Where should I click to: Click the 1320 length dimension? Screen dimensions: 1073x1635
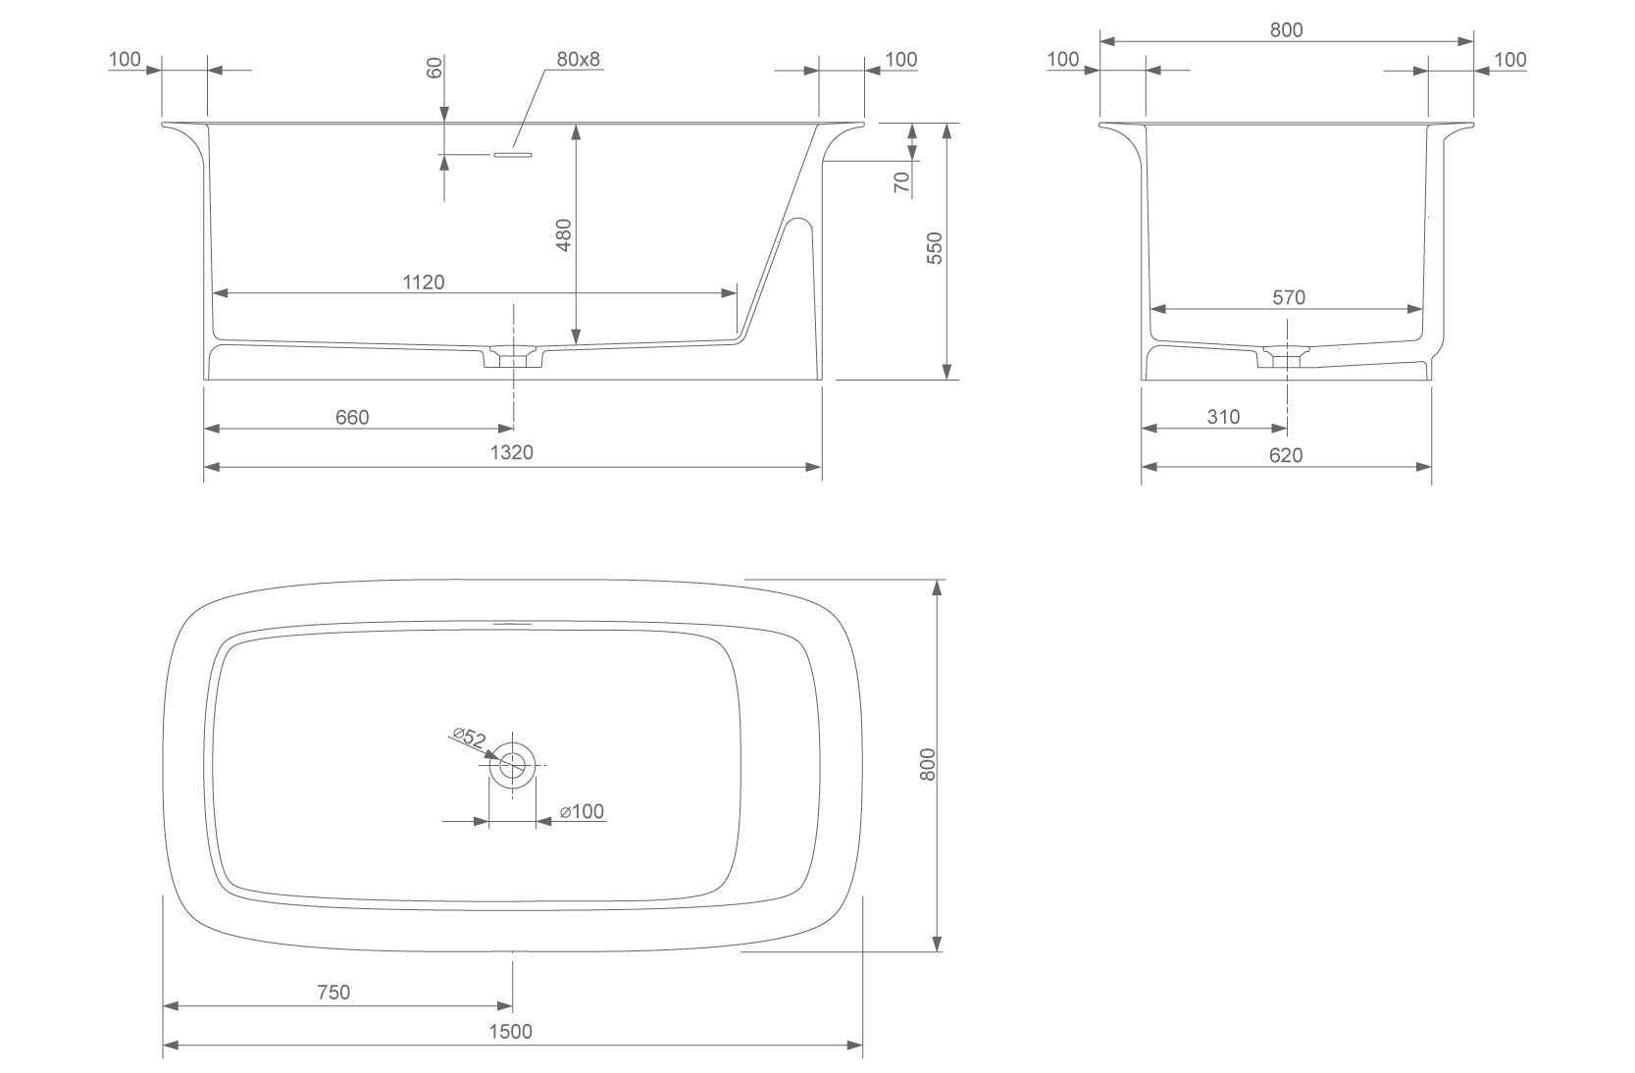tap(511, 452)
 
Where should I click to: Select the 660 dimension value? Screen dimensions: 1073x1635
tap(352, 417)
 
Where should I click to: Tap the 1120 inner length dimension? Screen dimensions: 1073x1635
tap(423, 282)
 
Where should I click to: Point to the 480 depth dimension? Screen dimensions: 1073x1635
tap(564, 235)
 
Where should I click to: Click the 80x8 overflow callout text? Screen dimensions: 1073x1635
tap(578, 59)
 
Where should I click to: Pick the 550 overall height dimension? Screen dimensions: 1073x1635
tap(935, 247)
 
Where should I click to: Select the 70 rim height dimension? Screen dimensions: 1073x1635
tap(902, 180)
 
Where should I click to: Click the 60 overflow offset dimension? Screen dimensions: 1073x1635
tap(435, 68)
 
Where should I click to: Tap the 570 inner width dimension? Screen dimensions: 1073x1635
tap(1288, 297)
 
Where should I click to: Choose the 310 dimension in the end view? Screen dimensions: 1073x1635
tap(1223, 417)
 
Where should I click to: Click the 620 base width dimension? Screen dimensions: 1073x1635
tap(1286, 454)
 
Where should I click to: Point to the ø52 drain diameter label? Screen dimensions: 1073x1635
tap(469, 737)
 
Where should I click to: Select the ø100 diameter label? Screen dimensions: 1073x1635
tap(582, 811)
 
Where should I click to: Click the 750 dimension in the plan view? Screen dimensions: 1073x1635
tap(333, 992)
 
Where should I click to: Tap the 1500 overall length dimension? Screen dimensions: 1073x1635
tap(510, 1031)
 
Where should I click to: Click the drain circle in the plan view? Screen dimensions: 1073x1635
tap(512, 764)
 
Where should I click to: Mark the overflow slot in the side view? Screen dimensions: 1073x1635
tap(512, 154)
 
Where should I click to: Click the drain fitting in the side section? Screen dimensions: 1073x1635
tap(512, 357)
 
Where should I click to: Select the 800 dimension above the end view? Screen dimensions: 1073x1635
tap(1286, 29)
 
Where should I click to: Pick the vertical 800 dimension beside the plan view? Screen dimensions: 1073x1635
tap(928, 764)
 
